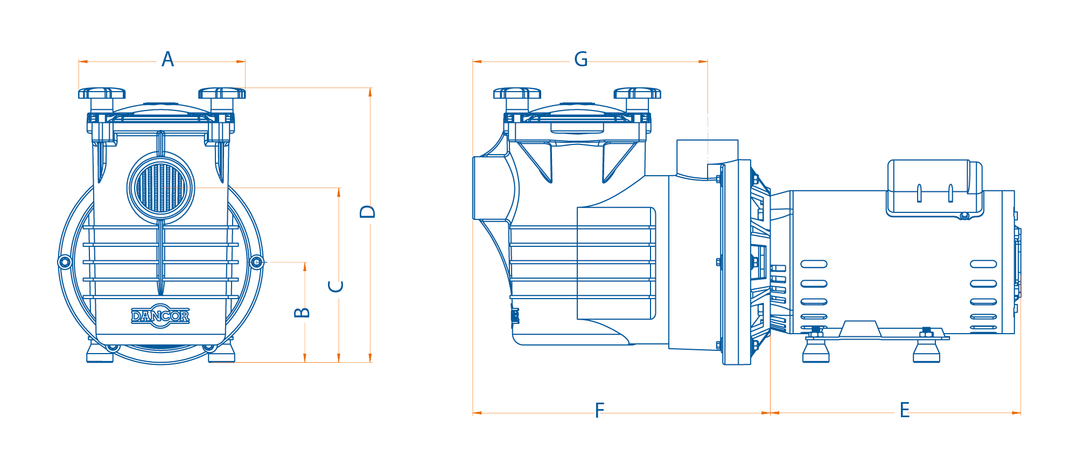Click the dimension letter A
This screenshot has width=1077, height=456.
tap(167, 59)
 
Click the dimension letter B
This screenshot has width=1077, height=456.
tap(302, 312)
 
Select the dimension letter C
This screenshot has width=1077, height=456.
tap(336, 286)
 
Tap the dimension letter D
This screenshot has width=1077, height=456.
tap(367, 211)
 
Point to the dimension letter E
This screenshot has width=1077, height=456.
tap(905, 411)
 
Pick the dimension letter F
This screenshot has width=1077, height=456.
tap(599, 411)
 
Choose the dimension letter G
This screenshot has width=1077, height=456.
tap(581, 59)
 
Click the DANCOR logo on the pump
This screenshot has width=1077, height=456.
tap(160, 316)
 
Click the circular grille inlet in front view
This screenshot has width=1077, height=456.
tap(161, 188)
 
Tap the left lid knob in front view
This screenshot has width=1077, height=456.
tap(101, 94)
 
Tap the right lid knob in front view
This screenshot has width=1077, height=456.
tap(222, 94)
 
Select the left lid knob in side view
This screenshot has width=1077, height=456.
tap(517, 94)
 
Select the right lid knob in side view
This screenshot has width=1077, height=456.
tap(637, 94)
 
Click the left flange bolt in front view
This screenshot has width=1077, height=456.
tap(65, 262)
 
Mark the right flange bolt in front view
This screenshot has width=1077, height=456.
tap(257, 262)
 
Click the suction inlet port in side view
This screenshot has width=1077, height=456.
tap(487, 188)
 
